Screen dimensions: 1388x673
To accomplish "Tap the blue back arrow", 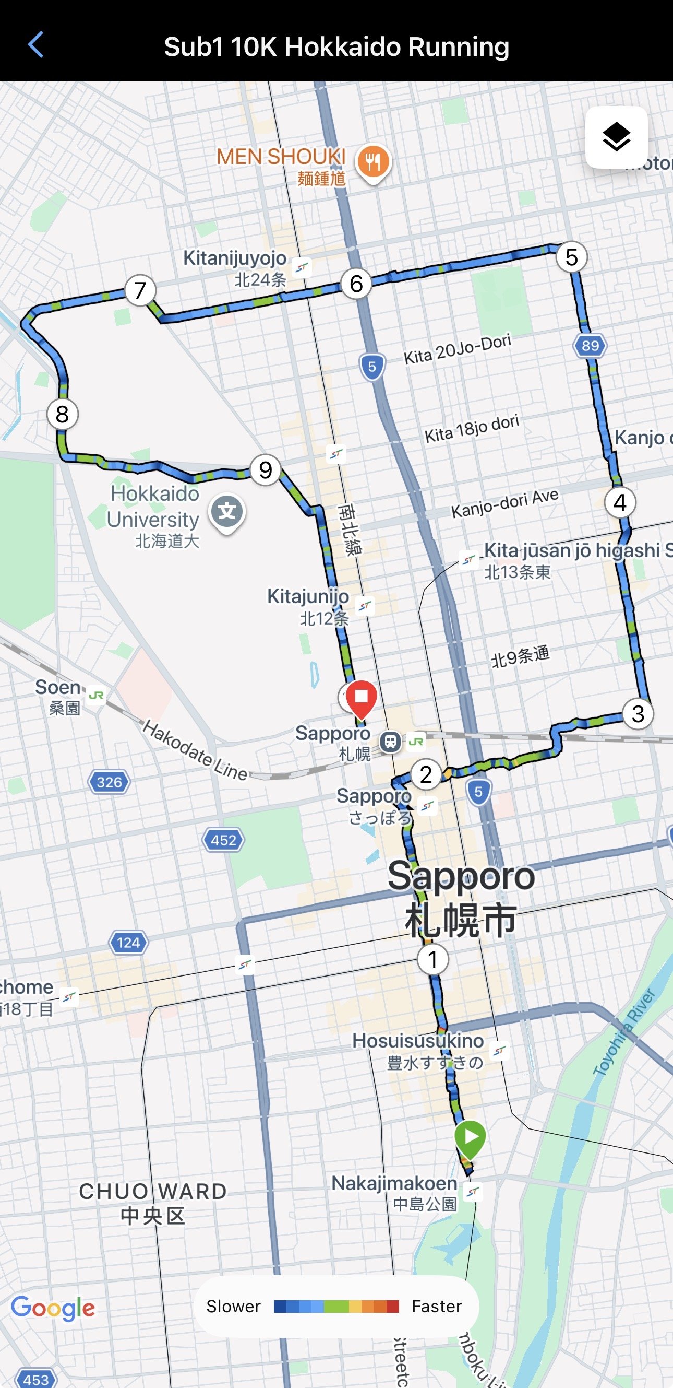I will click(x=35, y=45).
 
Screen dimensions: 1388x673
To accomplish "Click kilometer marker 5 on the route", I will click(x=571, y=257).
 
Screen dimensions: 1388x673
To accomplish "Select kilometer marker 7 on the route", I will click(x=140, y=290).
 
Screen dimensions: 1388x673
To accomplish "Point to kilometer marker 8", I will click(x=63, y=414).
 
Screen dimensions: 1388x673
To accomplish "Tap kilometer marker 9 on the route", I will click(x=266, y=470).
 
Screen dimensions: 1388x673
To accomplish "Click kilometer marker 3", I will click(x=638, y=714).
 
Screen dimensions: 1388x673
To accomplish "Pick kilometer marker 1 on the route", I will click(x=432, y=959).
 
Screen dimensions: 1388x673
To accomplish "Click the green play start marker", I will click(x=470, y=1137).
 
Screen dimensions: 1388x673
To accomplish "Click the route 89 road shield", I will click(x=590, y=345).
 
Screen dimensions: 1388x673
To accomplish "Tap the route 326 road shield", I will click(x=109, y=782).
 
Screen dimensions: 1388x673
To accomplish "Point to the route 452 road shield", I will click(x=223, y=840).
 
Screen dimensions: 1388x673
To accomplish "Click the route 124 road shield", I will click(x=128, y=943).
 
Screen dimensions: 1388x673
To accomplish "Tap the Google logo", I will click(x=53, y=1308).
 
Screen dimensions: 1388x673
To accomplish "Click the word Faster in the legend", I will click(x=437, y=1306).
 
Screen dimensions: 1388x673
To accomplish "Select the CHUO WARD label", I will click(x=153, y=1191).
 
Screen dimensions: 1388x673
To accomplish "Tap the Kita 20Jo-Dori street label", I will click(x=457, y=349).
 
